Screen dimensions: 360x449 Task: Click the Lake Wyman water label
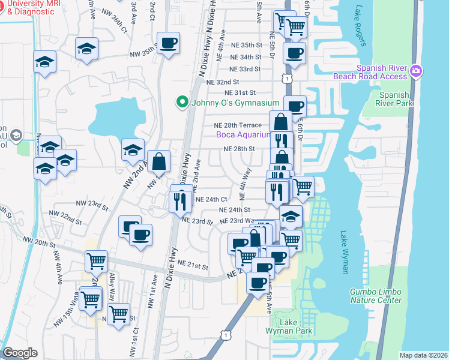pos(345,252)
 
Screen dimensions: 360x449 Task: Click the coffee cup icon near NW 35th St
pos(168,43)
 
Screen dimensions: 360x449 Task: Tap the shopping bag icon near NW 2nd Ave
pos(158,161)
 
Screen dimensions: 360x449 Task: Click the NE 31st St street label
pos(240,92)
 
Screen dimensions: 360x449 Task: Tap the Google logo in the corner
pos(20,353)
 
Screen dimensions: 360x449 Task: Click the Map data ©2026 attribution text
pos(423,355)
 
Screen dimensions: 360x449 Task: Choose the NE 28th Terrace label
pos(238,125)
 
